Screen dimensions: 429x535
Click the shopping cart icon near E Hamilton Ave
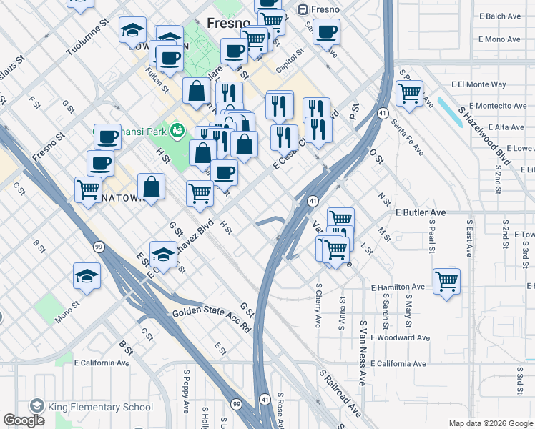(446, 280)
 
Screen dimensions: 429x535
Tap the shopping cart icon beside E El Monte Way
(409, 92)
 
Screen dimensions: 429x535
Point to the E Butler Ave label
(421, 213)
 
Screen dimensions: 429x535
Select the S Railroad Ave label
(340, 393)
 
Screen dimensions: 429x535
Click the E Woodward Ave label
(401, 337)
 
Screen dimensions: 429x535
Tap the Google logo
(24, 420)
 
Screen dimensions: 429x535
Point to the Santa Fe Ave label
(407, 138)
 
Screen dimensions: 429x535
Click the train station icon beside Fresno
(303, 9)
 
